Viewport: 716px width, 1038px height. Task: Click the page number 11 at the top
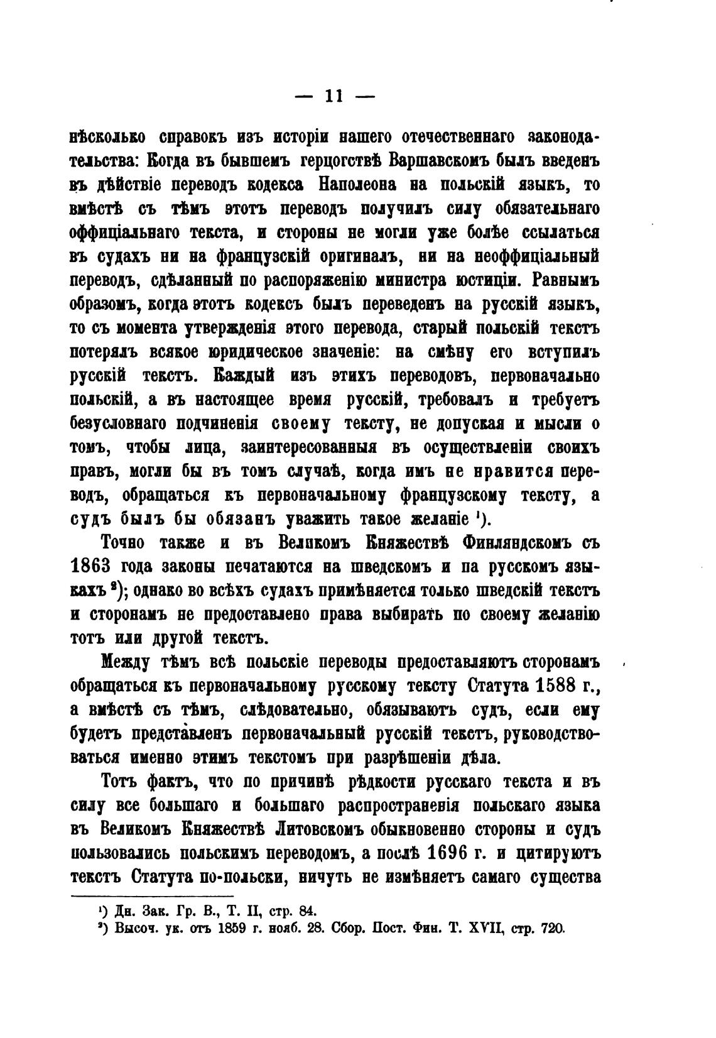click(333, 96)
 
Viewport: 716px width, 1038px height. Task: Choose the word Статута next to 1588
click(499, 685)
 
